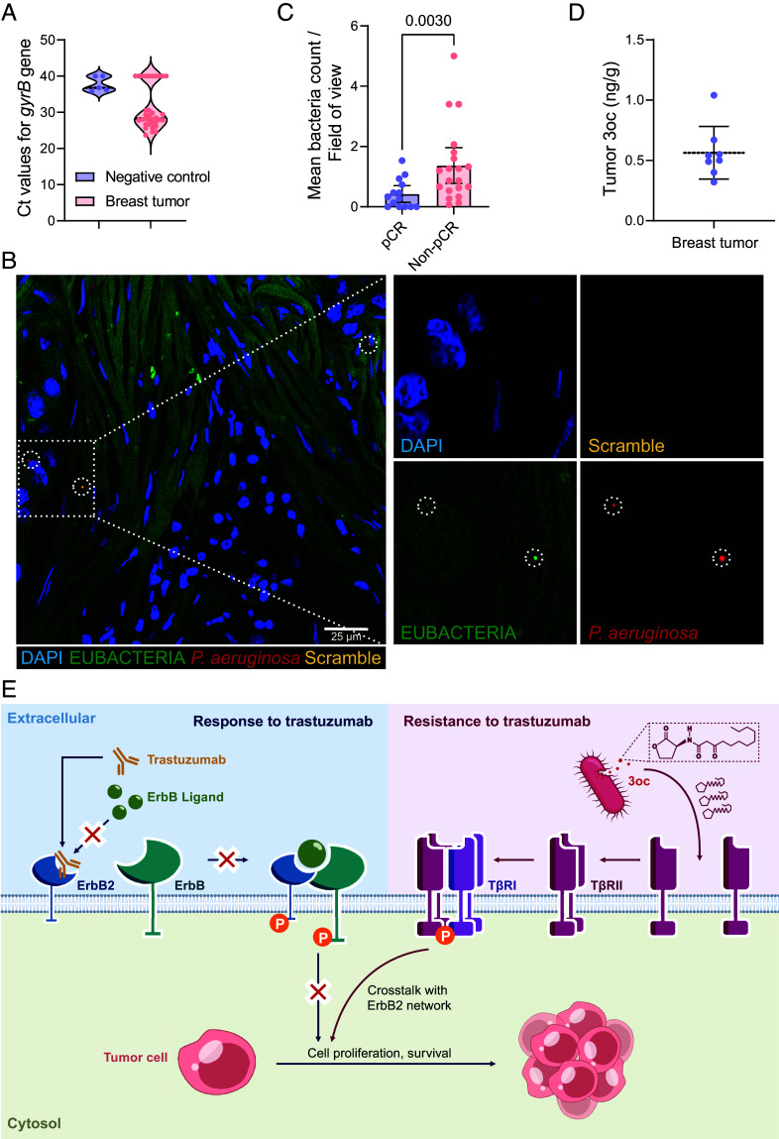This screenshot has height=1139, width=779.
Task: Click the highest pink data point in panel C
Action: click(x=453, y=57)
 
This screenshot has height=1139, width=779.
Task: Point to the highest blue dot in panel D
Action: click(x=714, y=95)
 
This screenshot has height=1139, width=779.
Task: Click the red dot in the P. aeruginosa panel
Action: click(x=723, y=559)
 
